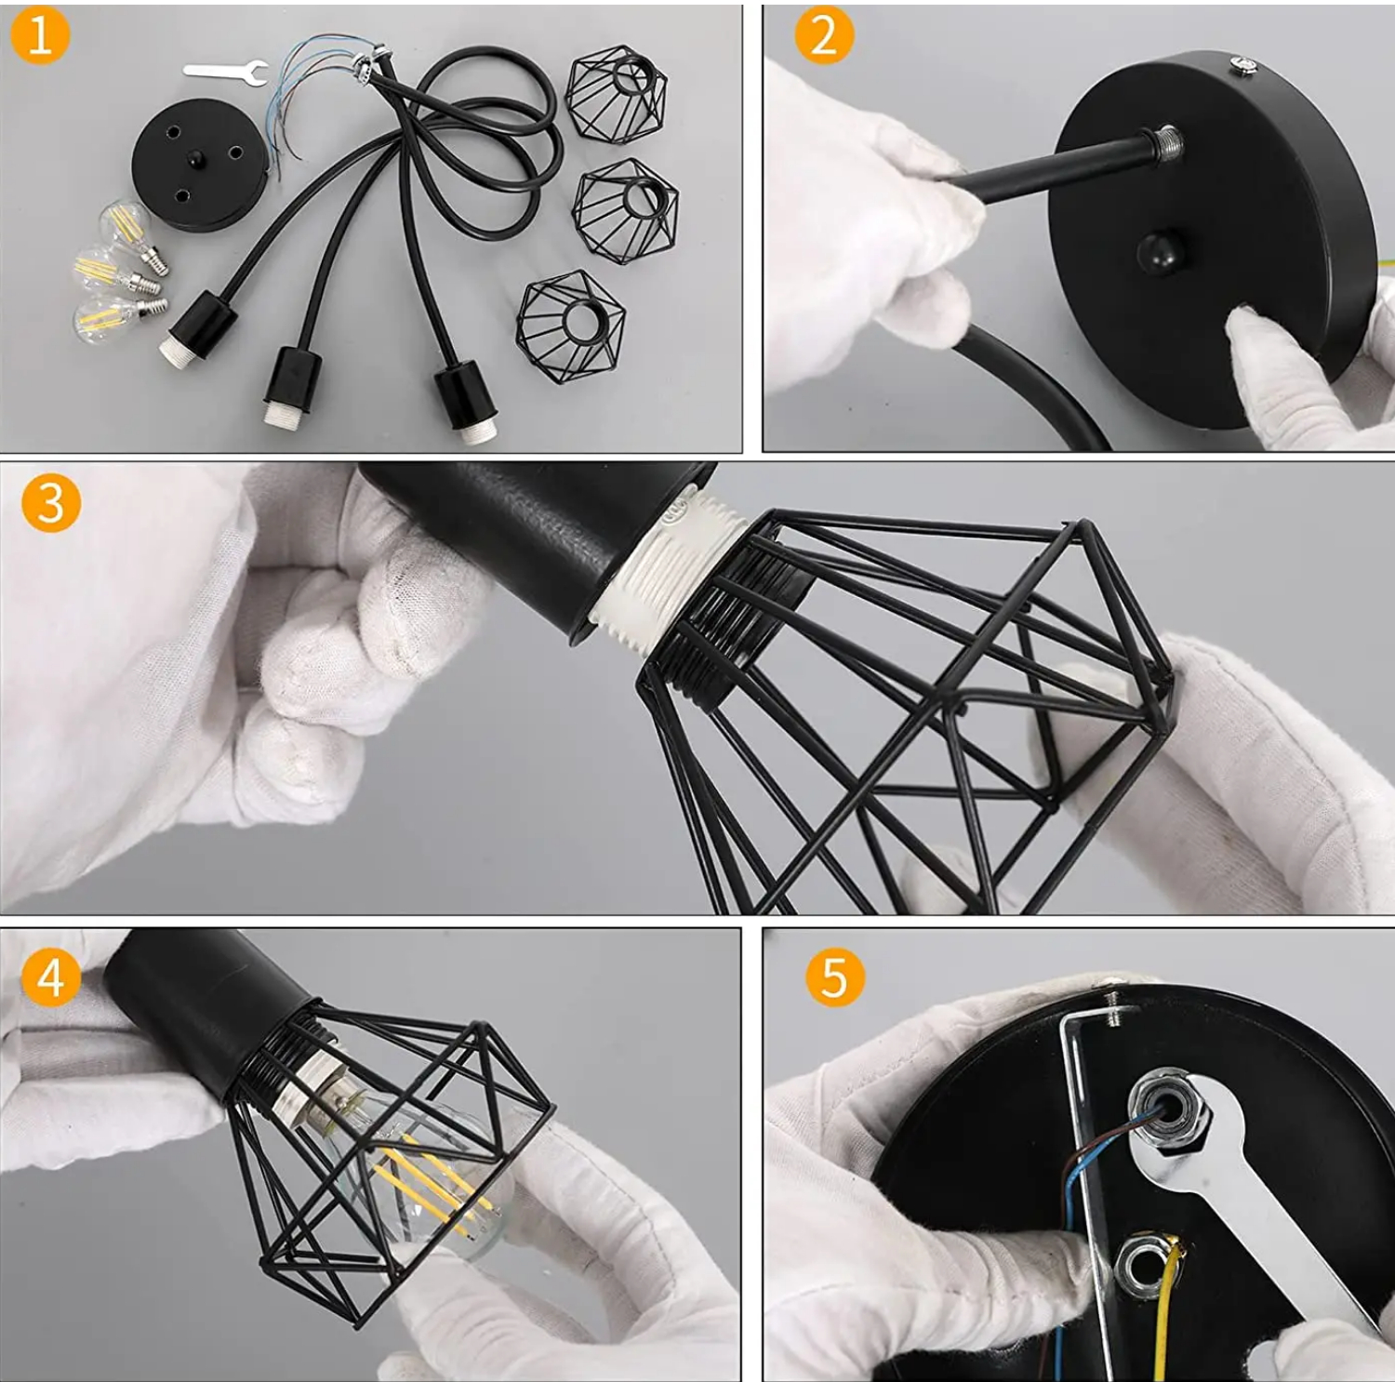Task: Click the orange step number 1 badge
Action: click(x=39, y=38)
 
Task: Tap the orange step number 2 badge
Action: click(x=824, y=38)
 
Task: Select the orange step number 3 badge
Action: click(x=51, y=503)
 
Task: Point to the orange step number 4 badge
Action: click(x=51, y=977)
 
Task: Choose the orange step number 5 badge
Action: click(x=834, y=977)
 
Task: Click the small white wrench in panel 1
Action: click(x=226, y=70)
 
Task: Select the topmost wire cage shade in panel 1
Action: click(x=618, y=97)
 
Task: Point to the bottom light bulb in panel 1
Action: click(x=119, y=315)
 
